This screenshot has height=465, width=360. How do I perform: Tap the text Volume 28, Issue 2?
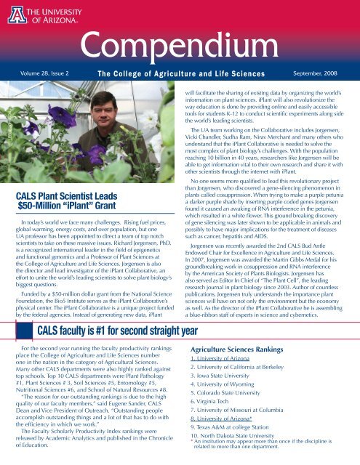pyautogui.click(x=44, y=74)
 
